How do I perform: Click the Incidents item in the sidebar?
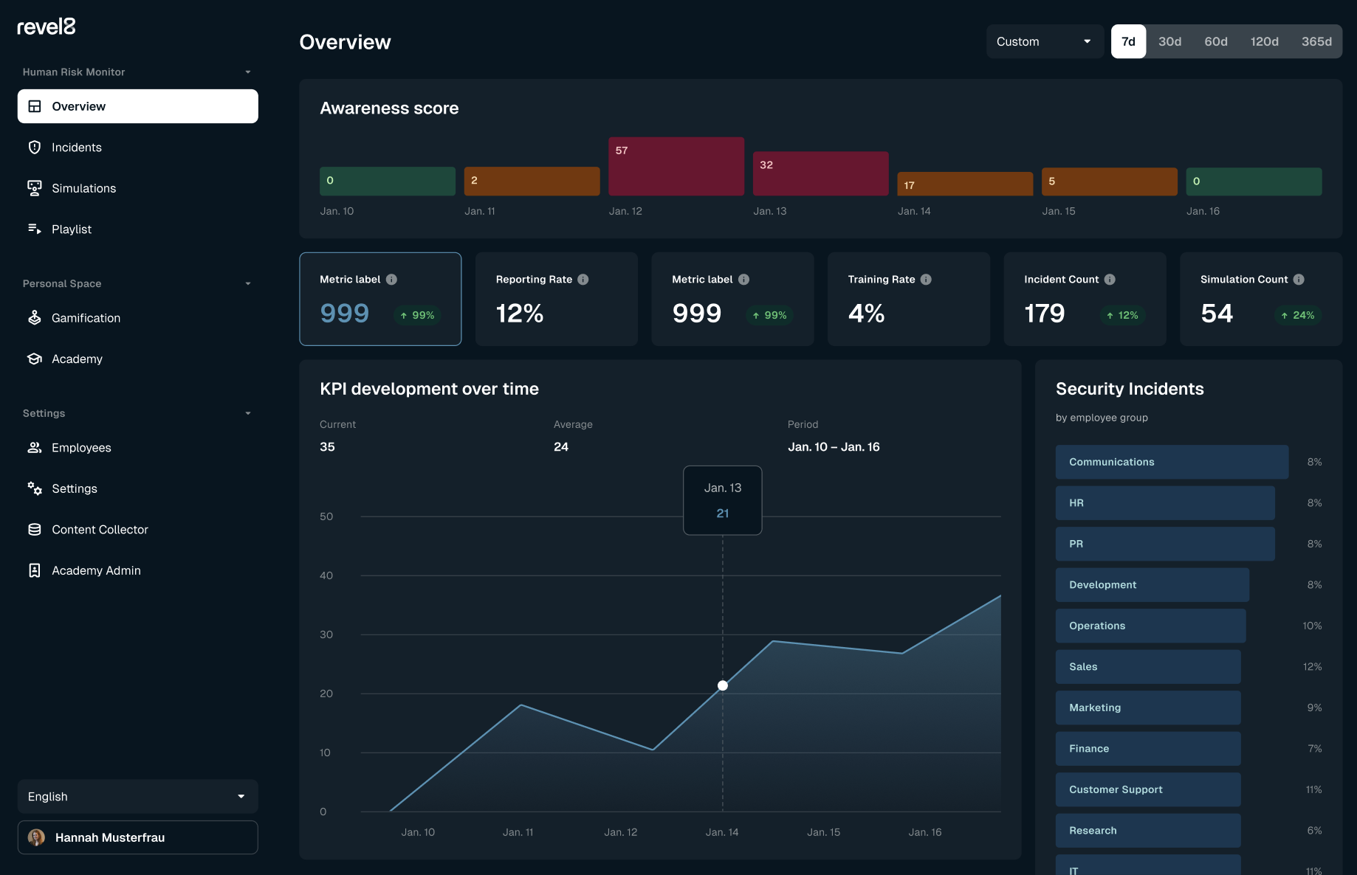[76, 148]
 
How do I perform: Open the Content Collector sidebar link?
[100, 530]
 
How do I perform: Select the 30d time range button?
[1169, 41]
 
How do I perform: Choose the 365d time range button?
[1316, 41]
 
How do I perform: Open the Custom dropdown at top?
[1044, 41]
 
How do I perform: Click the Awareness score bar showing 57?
[676, 166]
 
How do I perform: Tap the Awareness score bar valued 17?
[964, 184]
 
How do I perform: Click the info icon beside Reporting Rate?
[583, 280]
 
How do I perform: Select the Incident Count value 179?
[1044, 314]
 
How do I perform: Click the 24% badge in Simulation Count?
[1297, 315]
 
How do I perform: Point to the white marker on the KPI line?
[723, 685]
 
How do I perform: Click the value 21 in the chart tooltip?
[723, 513]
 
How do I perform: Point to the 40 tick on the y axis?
[326, 575]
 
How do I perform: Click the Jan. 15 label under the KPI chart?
[823, 832]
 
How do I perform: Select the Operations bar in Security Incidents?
[1150, 626]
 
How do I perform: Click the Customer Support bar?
[1147, 789]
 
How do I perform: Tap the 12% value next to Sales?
[1312, 667]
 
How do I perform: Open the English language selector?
[137, 797]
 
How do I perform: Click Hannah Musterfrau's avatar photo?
[36, 837]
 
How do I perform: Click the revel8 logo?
[47, 27]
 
